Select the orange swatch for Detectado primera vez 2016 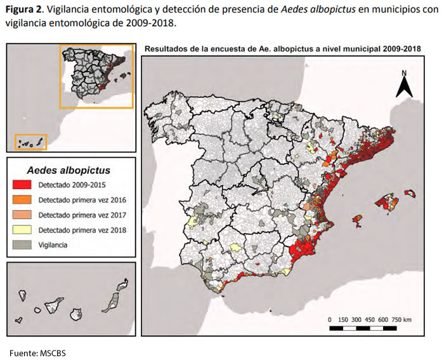pyautogui.click(x=24, y=199)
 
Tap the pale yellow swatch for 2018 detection pyautogui.click(x=24, y=229)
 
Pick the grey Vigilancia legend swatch pyautogui.click(x=24, y=244)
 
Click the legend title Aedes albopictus pyautogui.click(x=69, y=170)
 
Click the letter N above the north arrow pyautogui.click(x=403, y=74)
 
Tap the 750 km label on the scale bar pyautogui.click(x=402, y=319)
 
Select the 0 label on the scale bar pyautogui.click(x=330, y=319)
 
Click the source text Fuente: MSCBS pyautogui.click(x=37, y=352)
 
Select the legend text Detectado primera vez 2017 pyautogui.click(x=82, y=215)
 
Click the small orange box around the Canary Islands pyautogui.click(x=30, y=142)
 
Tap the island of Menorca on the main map pyautogui.click(x=410, y=192)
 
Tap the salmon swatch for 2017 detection pyautogui.click(x=24, y=215)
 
